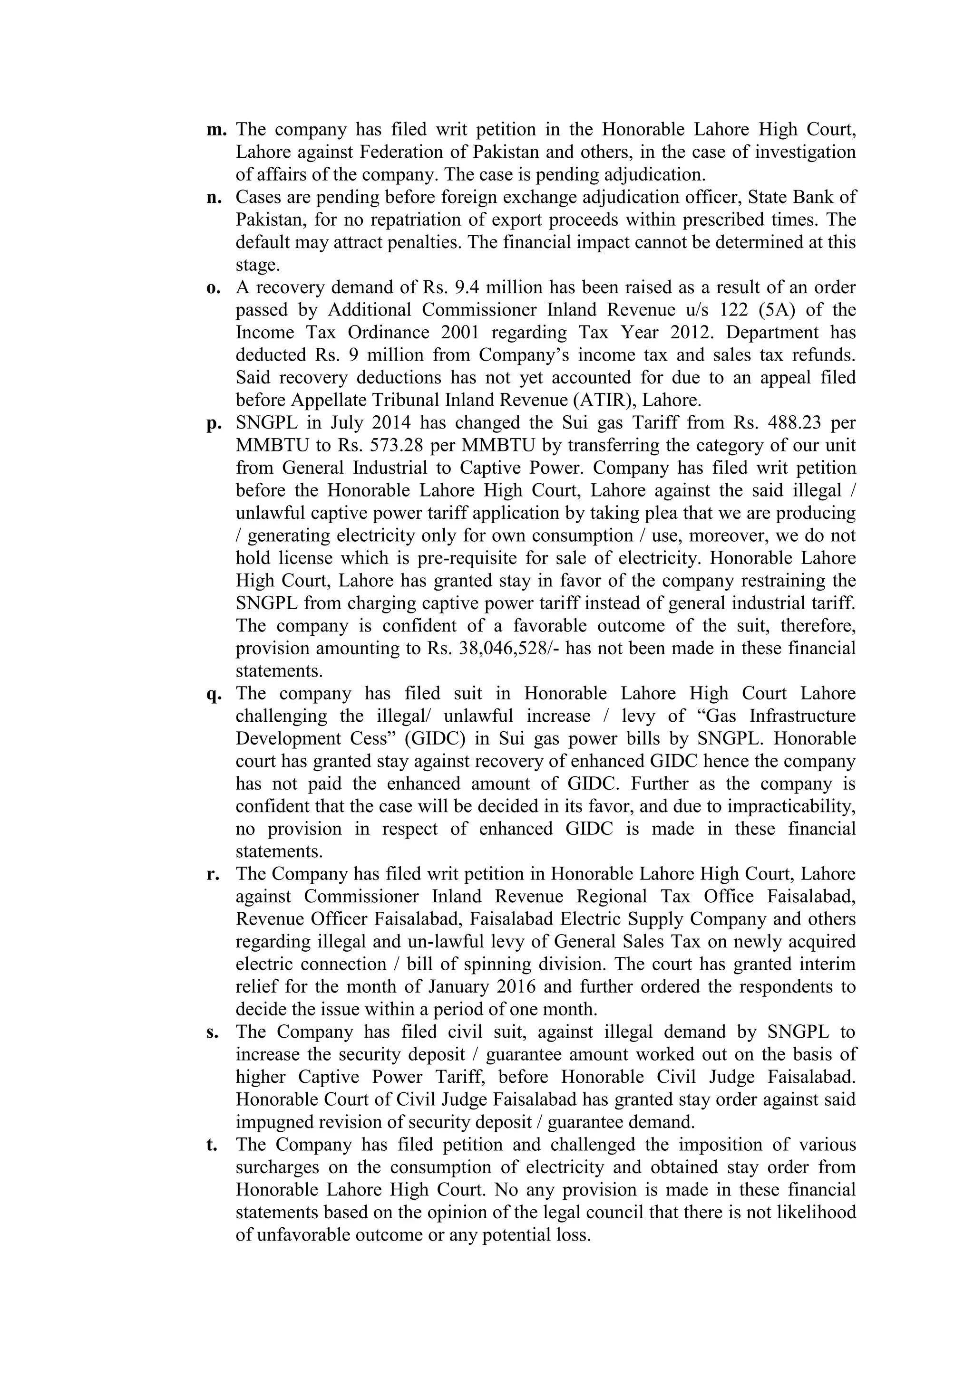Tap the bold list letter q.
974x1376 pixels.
pos(214,694)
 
